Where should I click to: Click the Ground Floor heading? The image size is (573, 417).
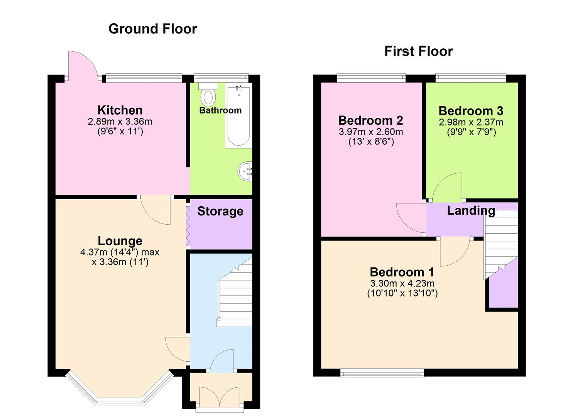(x=152, y=29)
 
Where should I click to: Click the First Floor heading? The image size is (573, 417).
(x=418, y=51)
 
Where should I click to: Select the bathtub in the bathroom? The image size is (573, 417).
(x=238, y=116)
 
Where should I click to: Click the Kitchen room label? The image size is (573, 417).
(x=120, y=110)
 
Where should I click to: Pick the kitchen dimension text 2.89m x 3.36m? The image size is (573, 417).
(x=120, y=122)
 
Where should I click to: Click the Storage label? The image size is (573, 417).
(x=220, y=211)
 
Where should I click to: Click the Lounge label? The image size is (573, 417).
(x=120, y=241)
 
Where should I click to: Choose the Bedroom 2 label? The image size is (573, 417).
(x=370, y=120)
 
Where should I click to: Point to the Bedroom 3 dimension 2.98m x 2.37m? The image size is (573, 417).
(x=471, y=122)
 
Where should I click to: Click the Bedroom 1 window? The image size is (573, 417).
(x=382, y=373)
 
